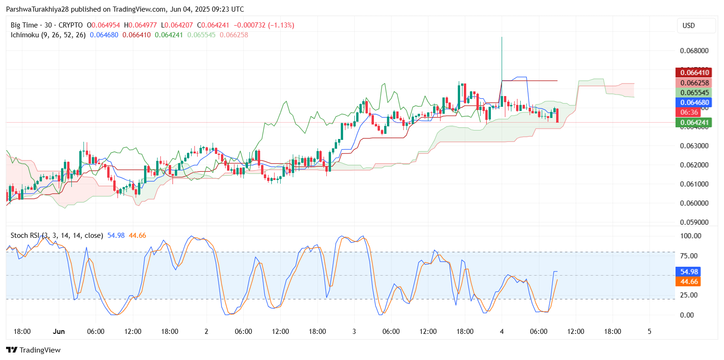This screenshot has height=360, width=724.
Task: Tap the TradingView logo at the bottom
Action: pos(33,350)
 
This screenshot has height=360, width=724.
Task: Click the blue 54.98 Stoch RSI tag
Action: pos(687,271)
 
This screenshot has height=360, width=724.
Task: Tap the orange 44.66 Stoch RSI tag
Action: pos(687,282)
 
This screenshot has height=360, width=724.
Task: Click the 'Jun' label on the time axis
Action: pos(59,331)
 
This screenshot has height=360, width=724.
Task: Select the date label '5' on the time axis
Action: pos(649,331)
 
